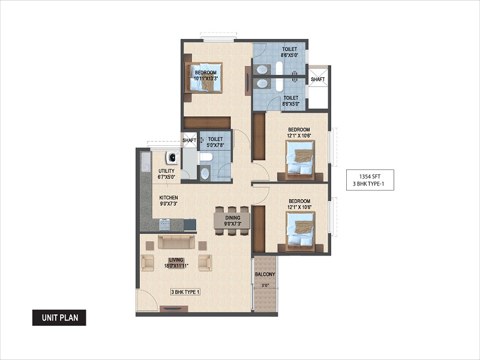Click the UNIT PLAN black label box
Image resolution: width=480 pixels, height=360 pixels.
click(59, 317)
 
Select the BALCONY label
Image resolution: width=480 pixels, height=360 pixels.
click(265, 274)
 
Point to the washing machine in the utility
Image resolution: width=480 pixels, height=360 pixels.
click(173, 157)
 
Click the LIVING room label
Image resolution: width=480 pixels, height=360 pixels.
click(176, 260)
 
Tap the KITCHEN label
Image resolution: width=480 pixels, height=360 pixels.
click(169, 198)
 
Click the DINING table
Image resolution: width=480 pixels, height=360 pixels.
click(232, 220)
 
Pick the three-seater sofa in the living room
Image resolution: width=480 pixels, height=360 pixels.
click(176, 242)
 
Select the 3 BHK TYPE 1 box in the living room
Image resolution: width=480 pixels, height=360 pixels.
click(185, 292)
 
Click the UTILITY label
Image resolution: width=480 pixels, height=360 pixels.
click(167, 171)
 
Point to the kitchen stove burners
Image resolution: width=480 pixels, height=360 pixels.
click(164, 224)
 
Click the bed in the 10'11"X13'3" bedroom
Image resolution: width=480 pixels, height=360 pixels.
click(203, 77)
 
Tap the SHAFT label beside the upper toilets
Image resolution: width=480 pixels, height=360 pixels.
click(318, 79)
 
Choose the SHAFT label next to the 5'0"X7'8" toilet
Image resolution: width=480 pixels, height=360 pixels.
click(189, 140)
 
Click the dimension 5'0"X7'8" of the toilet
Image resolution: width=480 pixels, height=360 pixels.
click(215, 145)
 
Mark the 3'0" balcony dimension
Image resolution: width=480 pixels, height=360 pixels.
click(265, 286)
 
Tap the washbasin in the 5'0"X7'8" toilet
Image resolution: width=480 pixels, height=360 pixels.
click(205, 174)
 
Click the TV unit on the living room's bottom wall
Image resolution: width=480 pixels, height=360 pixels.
click(175, 309)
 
